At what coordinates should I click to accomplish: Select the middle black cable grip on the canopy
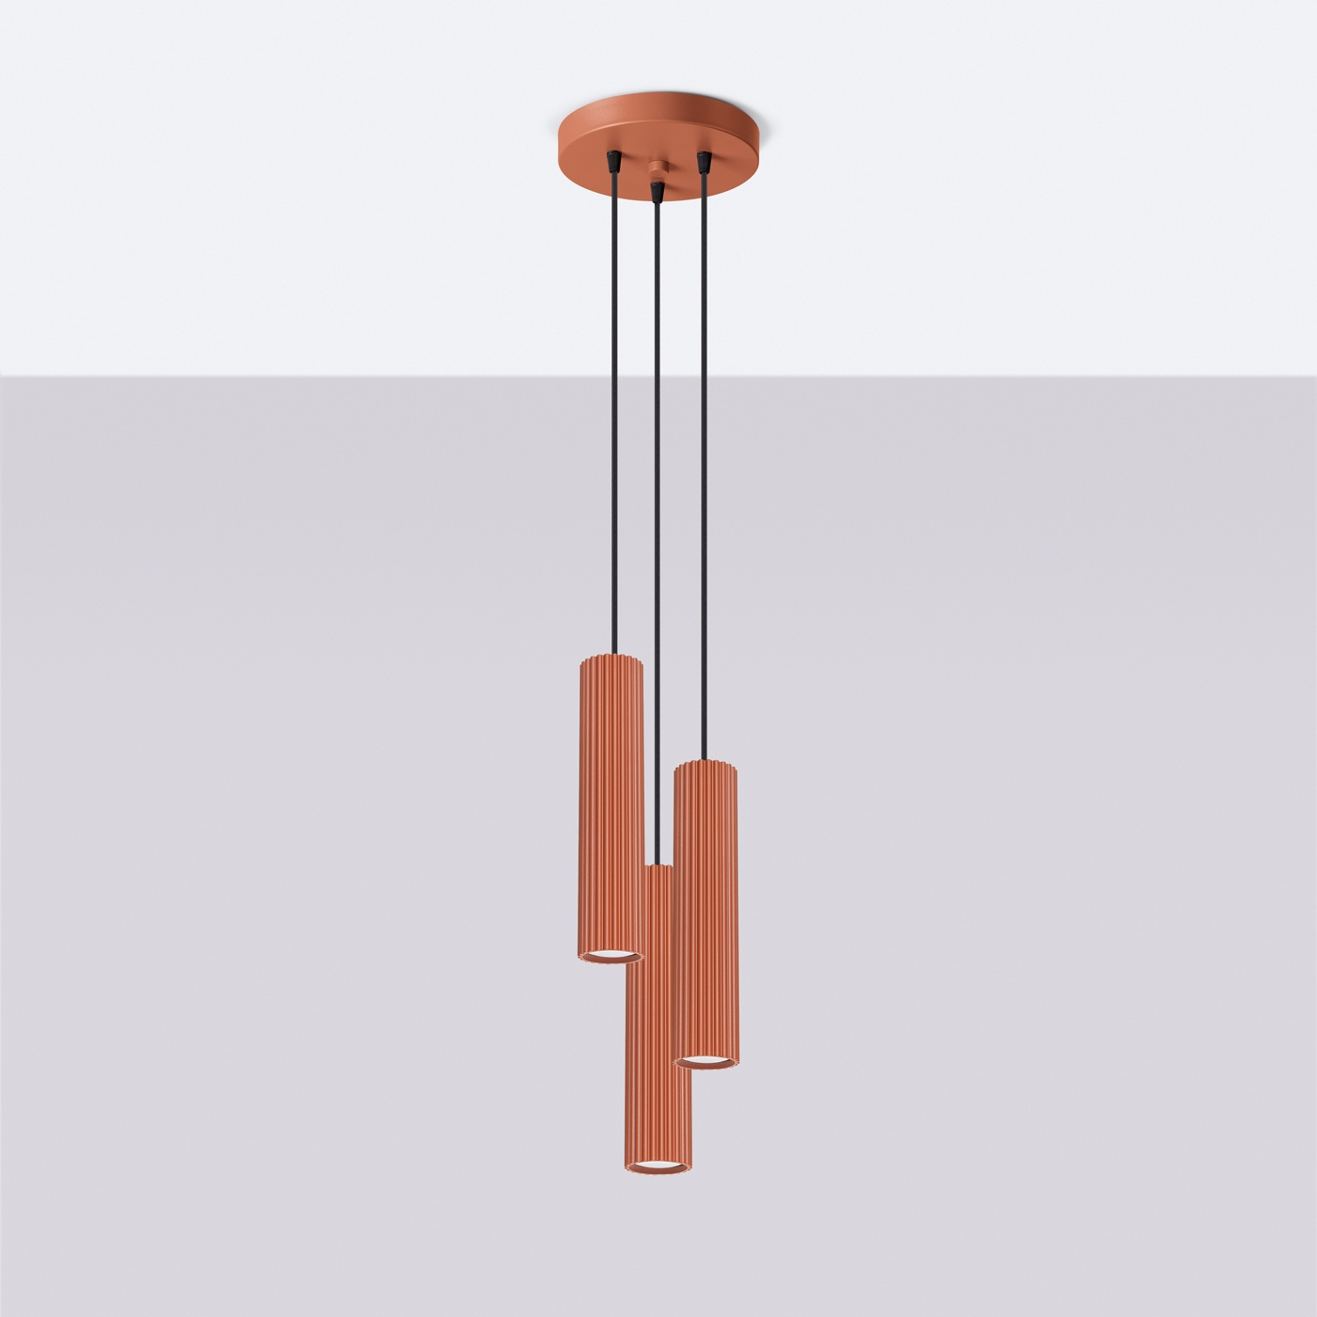point(657,191)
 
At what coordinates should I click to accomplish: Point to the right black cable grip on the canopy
point(702,162)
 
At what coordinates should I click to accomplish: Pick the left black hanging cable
point(612,423)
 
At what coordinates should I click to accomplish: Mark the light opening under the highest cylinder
point(610,956)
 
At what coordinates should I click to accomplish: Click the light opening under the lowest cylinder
point(658,1167)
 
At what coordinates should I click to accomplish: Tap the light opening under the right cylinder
point(706,1061)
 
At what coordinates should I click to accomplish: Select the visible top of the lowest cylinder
point(658,868)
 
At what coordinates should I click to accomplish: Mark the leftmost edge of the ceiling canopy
point(560,141)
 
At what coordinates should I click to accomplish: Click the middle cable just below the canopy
point(657,226)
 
